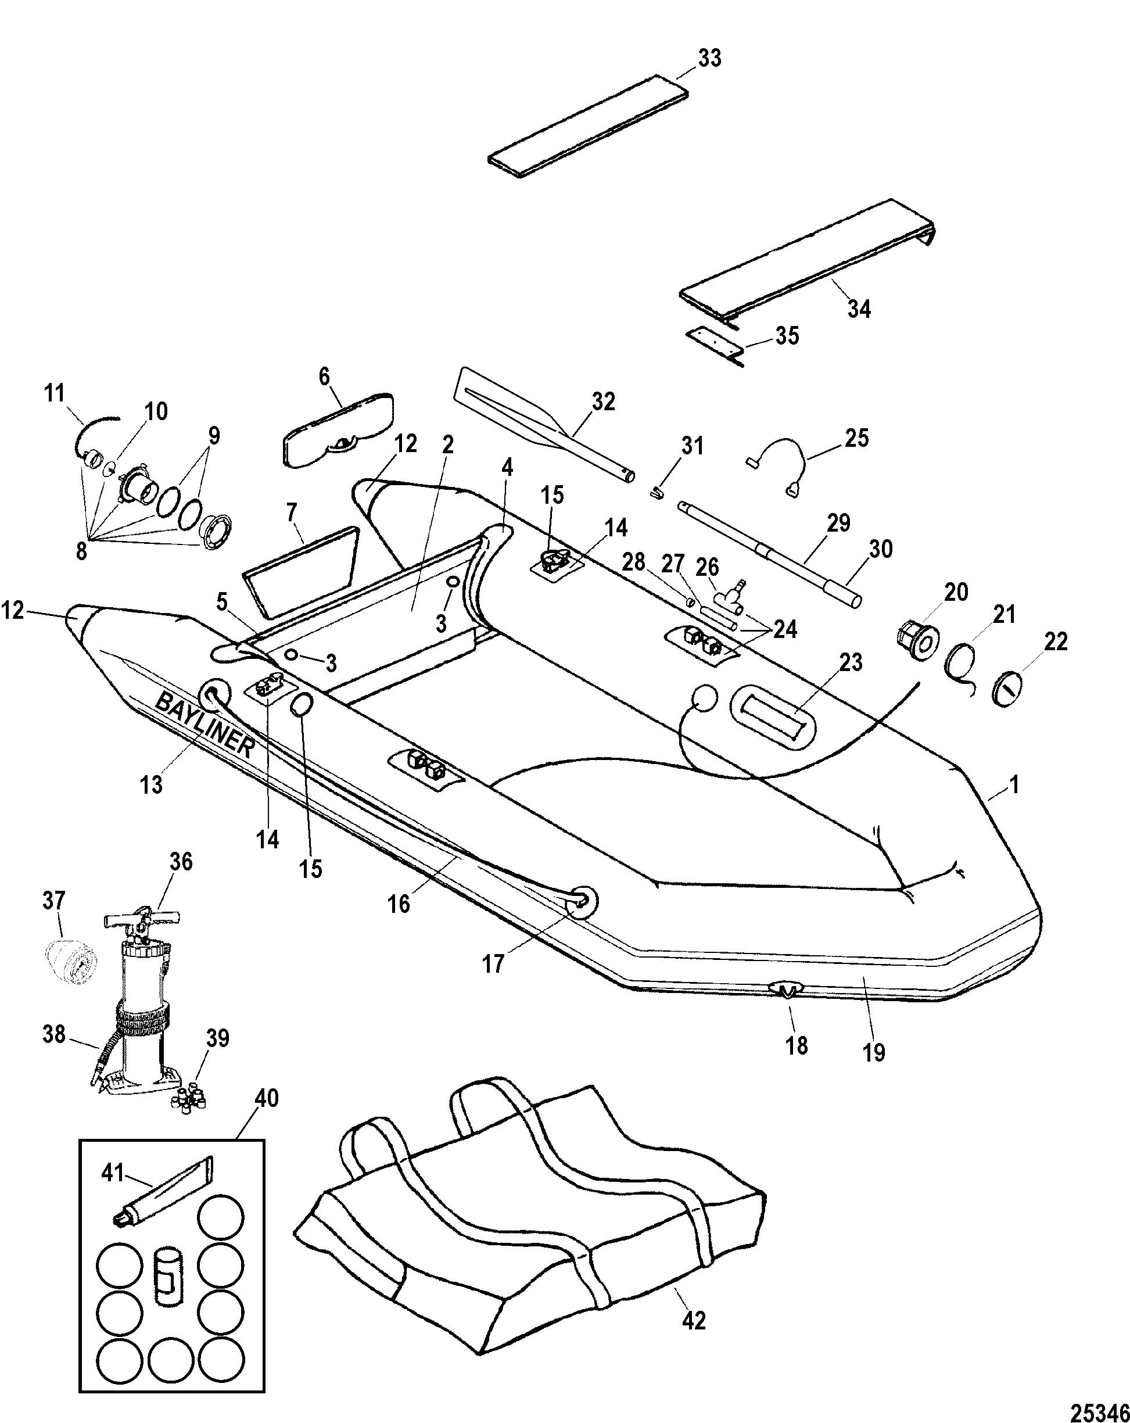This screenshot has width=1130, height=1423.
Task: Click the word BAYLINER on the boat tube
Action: [205, 724]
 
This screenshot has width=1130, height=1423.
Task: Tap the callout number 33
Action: [710, 58]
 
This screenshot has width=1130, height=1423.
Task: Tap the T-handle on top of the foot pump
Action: [142, 919]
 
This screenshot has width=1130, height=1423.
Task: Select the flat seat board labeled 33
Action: [589, 126]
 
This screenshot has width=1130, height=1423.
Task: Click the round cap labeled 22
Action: [1007, 689]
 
